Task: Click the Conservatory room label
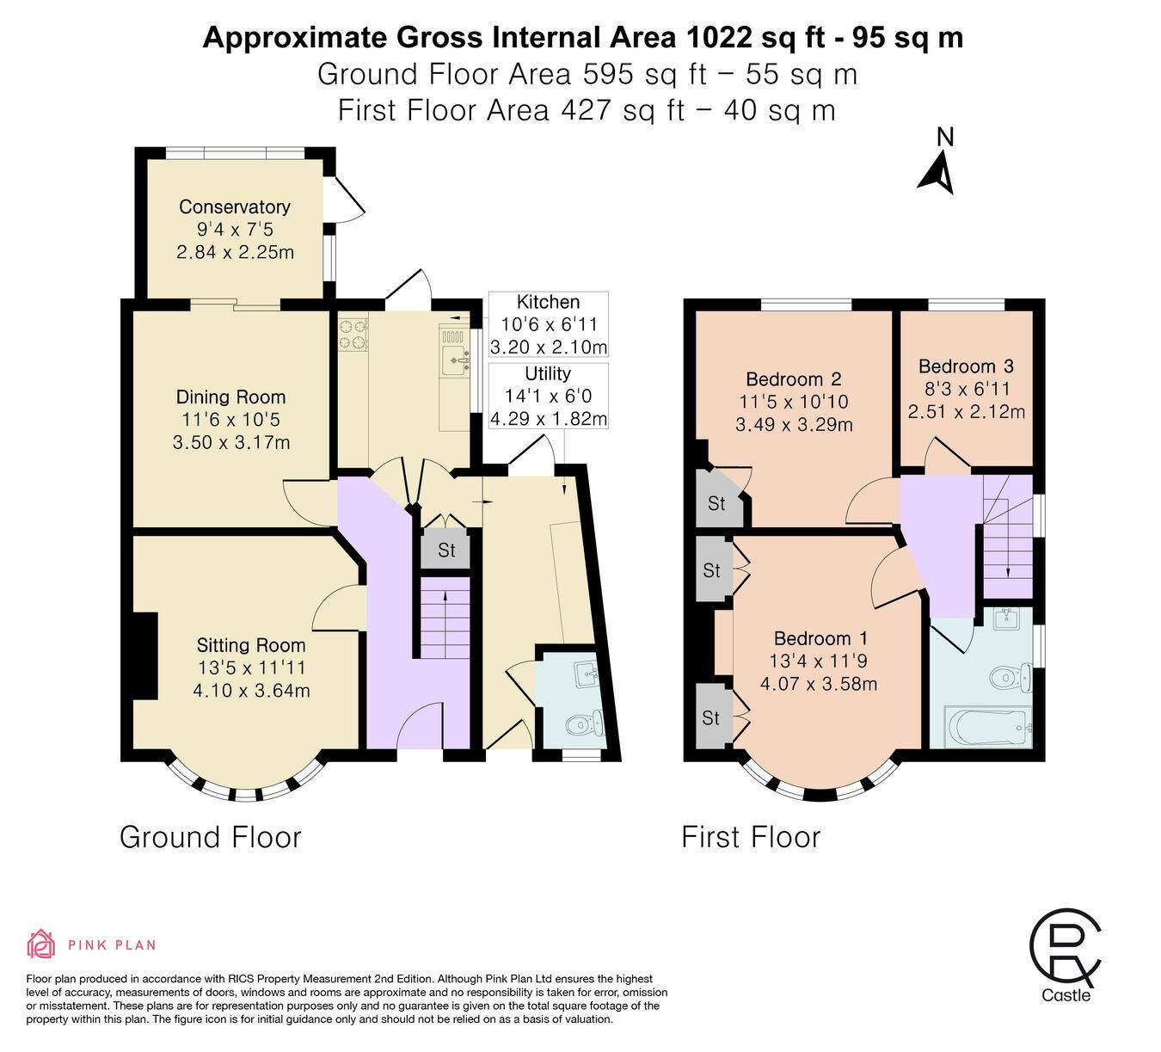235,206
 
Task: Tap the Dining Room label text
231,397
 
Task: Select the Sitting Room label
250,645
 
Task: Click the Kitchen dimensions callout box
548,324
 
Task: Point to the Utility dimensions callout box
548,396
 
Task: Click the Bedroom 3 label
966,366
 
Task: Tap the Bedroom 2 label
794,379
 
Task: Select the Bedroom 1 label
820,638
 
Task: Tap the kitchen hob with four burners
353,334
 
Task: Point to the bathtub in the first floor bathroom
987,727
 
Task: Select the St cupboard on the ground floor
446,550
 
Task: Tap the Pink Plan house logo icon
40,944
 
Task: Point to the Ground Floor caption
211,838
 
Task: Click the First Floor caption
751,838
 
